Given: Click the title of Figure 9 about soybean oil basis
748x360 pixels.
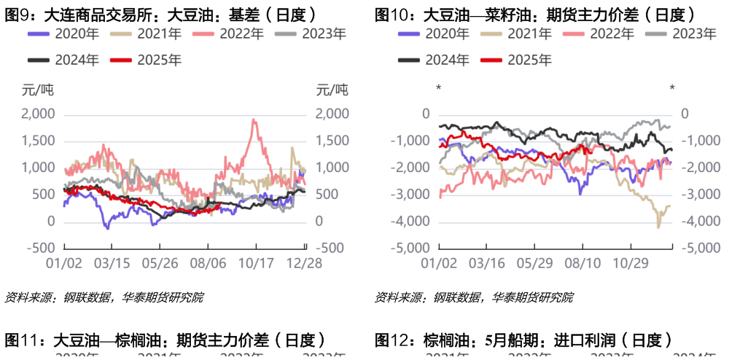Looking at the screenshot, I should [x=160, y=14].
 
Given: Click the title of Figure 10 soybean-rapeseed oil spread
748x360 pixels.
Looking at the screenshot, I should [x=534, y=14].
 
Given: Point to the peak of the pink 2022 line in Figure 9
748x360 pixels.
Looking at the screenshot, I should [x=253, y=120].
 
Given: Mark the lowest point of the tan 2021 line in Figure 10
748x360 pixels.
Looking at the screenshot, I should [x=658, y=227].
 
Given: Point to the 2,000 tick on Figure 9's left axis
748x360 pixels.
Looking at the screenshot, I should [x=38, y=114].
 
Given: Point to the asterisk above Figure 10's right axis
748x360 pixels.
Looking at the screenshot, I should [x=672, y=89].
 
